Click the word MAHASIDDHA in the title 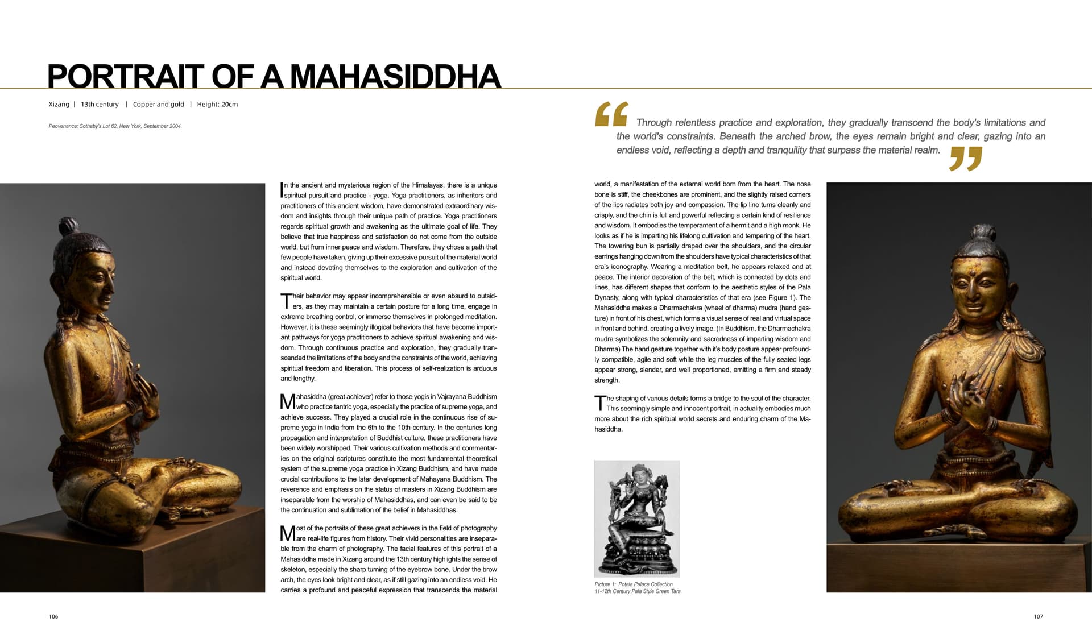pos(398,77)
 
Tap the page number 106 pos(53,616)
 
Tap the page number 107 pos(1038,616)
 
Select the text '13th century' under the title pos(100,105)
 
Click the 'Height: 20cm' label pos(217,105)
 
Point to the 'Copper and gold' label pos(159,105)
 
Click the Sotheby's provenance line pos(115,126)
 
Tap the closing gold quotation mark pos(966,159)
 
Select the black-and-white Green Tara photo pos(637,518)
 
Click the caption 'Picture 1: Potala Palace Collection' pos(634,584)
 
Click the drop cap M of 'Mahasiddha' pos(288,402)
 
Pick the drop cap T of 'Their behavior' pos(286,301)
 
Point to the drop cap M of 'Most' pos(288,533)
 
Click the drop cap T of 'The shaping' pos(600,403)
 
